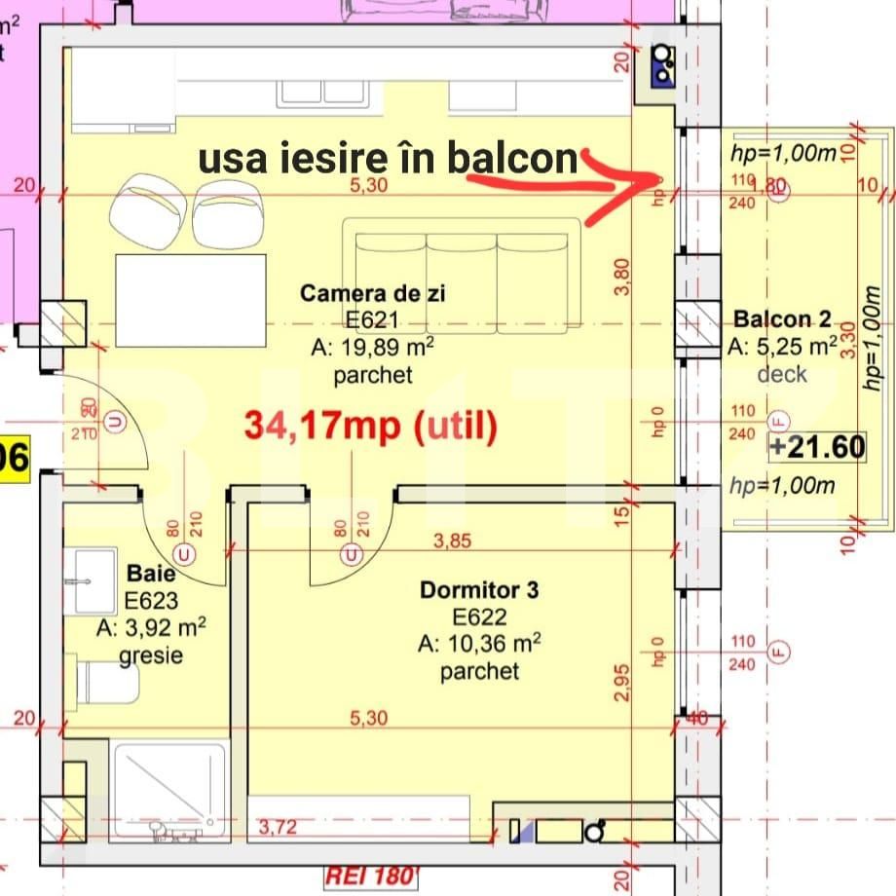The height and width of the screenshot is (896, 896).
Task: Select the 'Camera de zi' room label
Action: [372, 292]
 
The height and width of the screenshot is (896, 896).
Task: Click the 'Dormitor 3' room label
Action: [479, 589]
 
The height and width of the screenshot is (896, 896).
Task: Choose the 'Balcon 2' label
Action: [782, 318]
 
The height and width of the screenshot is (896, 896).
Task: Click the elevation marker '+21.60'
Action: [816, 447]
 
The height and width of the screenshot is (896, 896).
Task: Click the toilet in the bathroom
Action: [107, 682]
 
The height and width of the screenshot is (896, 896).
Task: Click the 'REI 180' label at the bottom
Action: [369, 876]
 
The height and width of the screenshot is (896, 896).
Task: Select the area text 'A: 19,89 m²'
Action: [372, 348]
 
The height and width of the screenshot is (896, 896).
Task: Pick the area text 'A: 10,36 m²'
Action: [479, 644]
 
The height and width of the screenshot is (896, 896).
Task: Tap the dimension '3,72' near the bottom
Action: [278, 829]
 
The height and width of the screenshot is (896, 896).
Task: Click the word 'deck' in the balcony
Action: [782, 373]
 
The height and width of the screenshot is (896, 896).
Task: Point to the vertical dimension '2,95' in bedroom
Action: [623, 682]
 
